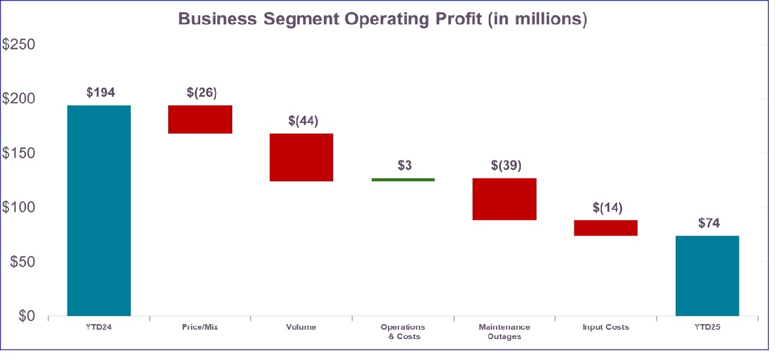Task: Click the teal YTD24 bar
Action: (x=99, y=211)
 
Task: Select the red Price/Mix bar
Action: (x=200, y=119)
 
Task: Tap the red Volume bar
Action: (x=302, y=157)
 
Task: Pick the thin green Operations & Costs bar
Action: (x=403, y=179)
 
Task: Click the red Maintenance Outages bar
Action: (x=504, y=199)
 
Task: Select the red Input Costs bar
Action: (x=606, y=227)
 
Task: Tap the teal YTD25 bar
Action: (x=707, y=276)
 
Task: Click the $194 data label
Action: (x=101, y=92)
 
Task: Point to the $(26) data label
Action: (x=202, y=92)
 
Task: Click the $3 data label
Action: (x=404, y=165)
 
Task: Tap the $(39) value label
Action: (x=506, y=165)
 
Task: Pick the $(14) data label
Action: (x=607, y=207)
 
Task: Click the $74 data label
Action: (x=709, y=223)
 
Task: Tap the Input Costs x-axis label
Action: (x=606, y=327)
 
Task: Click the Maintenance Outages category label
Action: (x=504, y=332)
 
